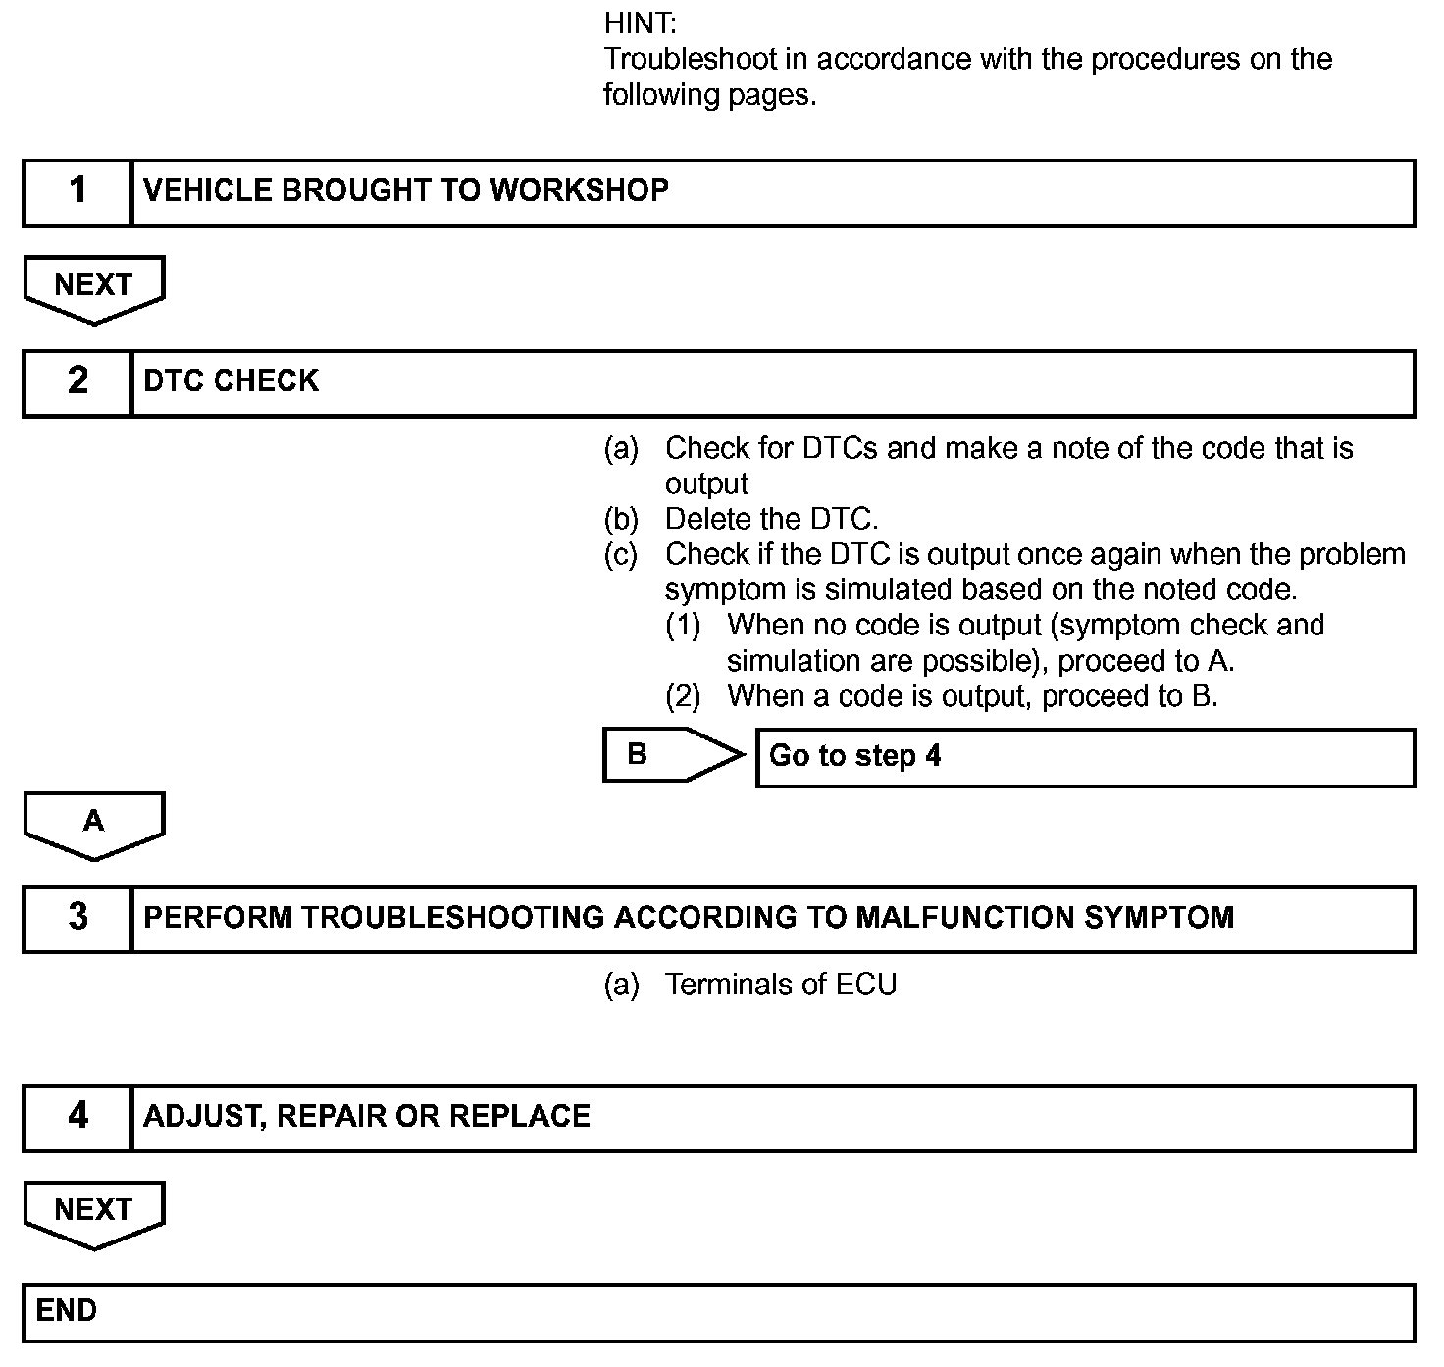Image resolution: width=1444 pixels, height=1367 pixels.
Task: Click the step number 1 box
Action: click(x=77, y=192)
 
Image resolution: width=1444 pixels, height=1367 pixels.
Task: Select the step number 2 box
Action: click(x=77, y=382)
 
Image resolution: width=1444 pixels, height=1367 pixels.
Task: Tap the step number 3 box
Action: click(x=77, y=919)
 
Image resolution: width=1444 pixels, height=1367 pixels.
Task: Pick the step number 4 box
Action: click(x=77, y=1117)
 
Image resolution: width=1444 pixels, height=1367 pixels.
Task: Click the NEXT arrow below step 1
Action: click(x=94, y=287)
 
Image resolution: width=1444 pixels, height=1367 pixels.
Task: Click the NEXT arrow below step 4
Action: click(x=94, y=1212)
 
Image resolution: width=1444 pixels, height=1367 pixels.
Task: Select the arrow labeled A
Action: click(x=94, y=824)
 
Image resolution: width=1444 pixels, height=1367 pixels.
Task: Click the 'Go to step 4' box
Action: click(x=1084, y=756)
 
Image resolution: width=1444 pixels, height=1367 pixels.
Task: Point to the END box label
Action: click(x=67, y=1311)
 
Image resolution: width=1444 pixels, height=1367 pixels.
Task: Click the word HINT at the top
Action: click(x=640, y=24)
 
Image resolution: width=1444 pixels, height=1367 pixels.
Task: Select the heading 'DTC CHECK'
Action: click(x=232, y=381)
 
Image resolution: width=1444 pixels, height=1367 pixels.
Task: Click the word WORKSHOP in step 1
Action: click(x=579, y=190)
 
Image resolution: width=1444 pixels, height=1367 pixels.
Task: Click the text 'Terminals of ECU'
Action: click(x=781, y=985)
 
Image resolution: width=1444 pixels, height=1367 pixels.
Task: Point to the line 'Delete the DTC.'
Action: click(x=771, y=519)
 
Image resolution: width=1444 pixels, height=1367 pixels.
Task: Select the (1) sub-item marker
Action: click(x=683, y=626)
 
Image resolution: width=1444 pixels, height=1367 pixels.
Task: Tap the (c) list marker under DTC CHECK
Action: click(x=620, y=555)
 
